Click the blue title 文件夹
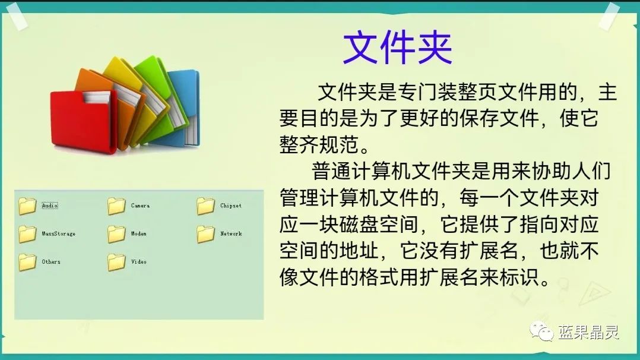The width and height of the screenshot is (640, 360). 397,48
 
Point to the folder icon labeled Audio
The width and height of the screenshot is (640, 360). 27,206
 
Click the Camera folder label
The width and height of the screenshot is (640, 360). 140,206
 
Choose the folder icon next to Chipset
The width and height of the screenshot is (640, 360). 205,206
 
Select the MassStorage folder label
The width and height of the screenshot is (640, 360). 58,234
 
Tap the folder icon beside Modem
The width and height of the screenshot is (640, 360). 116,234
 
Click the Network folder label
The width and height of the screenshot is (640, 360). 231,234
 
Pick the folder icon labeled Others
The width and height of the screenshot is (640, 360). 27,262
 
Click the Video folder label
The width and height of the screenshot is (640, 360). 138,262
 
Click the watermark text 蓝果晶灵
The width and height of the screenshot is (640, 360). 588,332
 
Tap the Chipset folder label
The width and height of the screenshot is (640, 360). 230,206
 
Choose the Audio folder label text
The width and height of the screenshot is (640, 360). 49,206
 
